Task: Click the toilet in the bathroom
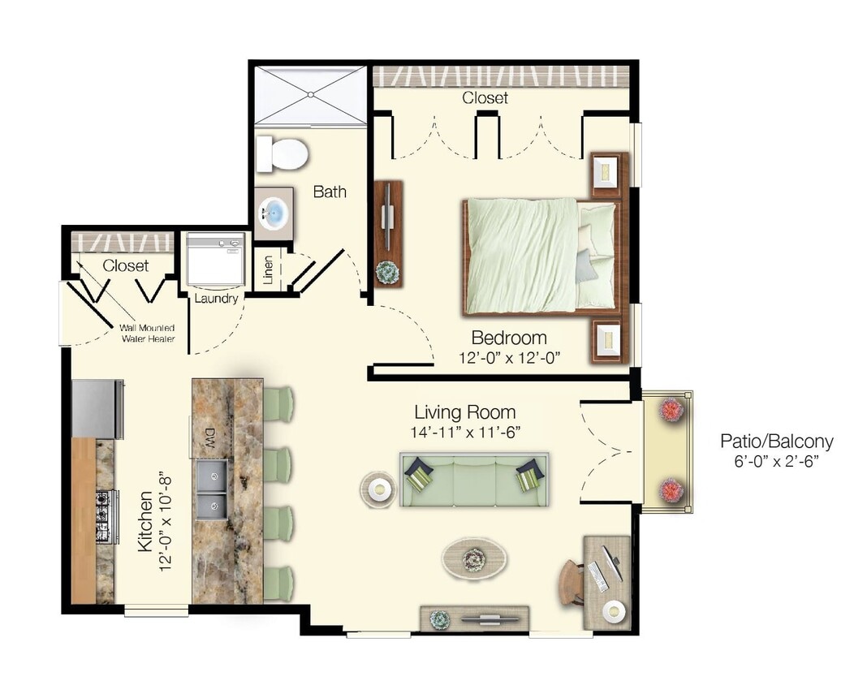(x=282, y=153)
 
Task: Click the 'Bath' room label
(x=330, y=192)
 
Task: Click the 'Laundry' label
(x=216, y=298)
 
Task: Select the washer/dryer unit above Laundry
(x=215, y=259)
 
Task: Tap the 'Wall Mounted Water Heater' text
(x=147, y=333)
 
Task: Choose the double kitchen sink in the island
(x=211, y=488)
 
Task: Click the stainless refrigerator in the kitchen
(x=97, y=408)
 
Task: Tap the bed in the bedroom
(x=540, y=256)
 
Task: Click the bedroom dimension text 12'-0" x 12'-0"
(x=509, y=356)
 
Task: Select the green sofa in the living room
(x=473, y=479)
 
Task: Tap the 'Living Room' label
(x=464, y=411)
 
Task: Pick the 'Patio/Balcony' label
(x=776, y=442)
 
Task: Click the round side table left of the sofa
(x=378, y=489)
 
